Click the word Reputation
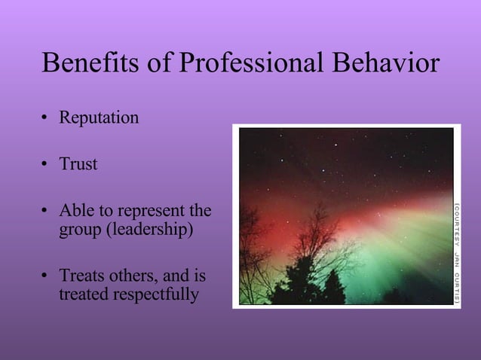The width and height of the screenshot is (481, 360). click(99, 119)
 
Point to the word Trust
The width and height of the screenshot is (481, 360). click(78, 164)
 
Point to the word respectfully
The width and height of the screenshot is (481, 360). click(157, 294)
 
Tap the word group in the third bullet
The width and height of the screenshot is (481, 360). click(79, 229)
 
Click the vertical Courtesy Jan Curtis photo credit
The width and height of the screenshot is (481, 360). click(457, 252)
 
